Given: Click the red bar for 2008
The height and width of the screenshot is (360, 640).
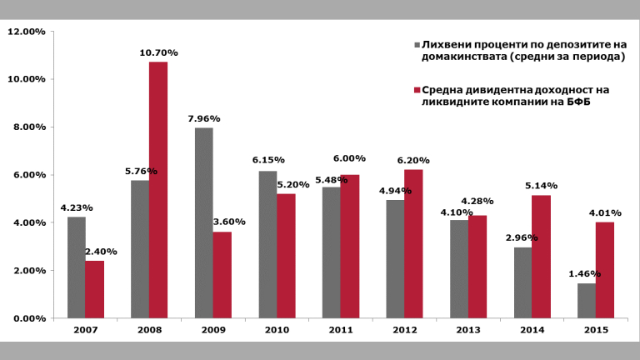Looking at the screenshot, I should [x=158, y=190].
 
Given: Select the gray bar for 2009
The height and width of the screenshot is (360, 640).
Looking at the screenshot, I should [x=203, y=222].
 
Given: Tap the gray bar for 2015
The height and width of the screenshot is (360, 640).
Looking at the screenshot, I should [x=586, y=301].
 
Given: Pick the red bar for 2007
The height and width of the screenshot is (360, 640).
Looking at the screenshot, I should [x=95, y=289].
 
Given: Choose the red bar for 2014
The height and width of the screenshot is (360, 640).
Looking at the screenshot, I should [x=541, y=257].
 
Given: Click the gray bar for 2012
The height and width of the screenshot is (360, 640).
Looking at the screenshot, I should [x=394, y=259].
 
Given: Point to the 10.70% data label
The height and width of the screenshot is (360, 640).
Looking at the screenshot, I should [x=158, y=52].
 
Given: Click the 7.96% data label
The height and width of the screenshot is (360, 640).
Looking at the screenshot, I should [x=203, y=118].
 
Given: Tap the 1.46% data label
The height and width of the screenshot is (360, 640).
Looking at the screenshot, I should [x=585, y=273].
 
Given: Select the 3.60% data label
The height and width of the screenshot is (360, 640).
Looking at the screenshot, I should [x=222, y=222].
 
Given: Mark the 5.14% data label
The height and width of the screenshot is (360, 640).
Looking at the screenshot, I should [x=541, y=186].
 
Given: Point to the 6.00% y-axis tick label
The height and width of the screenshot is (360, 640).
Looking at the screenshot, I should [x=28, y=175].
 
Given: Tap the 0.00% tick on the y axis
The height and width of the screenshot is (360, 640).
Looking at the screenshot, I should [x=28, y=318].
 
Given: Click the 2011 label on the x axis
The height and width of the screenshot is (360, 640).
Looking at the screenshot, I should [x=340, y=331].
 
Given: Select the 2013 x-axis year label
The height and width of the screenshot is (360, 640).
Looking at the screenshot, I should [x=468, y=331].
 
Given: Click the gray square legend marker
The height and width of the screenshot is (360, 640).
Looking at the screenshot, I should [x=417, y=44].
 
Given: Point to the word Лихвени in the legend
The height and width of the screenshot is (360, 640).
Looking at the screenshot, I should [x=447, y=44].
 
